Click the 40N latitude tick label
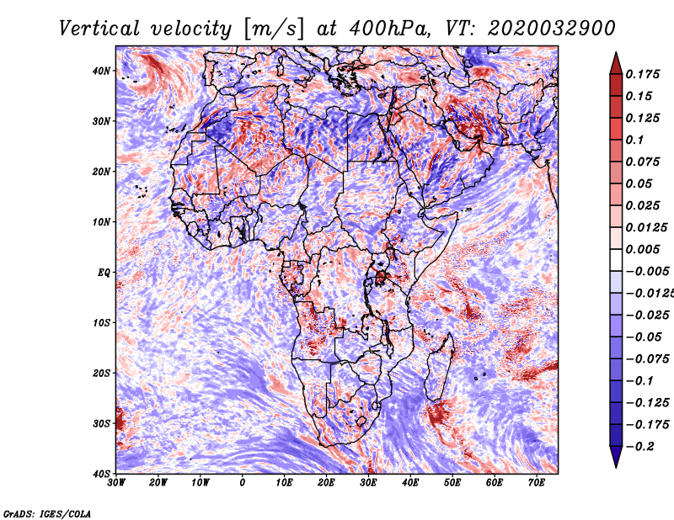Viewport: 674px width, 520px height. (x=101, y=71)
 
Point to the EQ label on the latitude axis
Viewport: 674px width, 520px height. (x=103, y=273)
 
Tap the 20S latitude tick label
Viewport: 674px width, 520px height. (x=101, y=373)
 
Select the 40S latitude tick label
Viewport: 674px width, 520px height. (x=101, y=474)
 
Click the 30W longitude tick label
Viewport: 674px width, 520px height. (x=117, y=483)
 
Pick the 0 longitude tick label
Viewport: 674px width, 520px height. (x=243, y=483)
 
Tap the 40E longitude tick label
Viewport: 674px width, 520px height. (x=410, y=483)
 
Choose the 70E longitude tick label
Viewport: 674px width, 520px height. (x=536, y=483)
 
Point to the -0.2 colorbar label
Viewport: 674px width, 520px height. (x=642, y=446)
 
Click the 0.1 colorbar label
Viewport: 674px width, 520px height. (x=638, y=140)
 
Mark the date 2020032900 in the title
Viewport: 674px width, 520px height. (x=539, y=28)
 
